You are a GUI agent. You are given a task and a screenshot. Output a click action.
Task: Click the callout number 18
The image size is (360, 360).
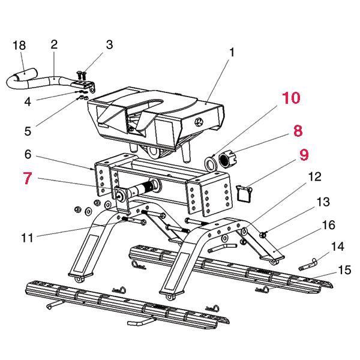[x=20, y=46]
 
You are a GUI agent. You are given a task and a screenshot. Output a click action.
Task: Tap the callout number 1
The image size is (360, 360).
[x=232, y=53]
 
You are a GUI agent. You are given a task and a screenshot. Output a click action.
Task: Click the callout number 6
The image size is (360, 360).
[x=28, y=154]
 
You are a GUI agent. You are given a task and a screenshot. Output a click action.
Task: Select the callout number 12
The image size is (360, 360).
[x=314, y=177]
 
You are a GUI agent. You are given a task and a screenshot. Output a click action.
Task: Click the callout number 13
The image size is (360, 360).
[x=323, y=201]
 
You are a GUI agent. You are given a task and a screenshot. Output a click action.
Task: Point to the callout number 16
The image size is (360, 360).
[x=328, y=225]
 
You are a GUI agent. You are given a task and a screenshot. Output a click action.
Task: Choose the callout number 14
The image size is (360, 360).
[x=338, y=246]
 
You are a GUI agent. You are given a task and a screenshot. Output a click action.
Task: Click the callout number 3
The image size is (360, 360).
[x=109, y=44]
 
